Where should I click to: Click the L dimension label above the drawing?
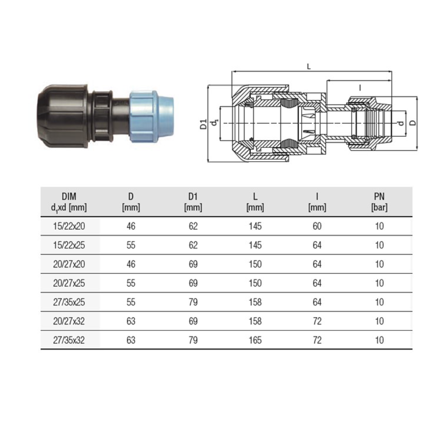pos(309,67)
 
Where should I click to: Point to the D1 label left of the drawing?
pos(204,124)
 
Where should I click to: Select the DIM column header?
pos(69,202)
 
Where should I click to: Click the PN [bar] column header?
pos(379,202)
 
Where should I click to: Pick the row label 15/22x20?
pos(69,226)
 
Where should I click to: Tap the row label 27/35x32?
pos(69,340)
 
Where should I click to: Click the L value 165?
pos(255,340)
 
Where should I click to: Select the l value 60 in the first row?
pos(317,226)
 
